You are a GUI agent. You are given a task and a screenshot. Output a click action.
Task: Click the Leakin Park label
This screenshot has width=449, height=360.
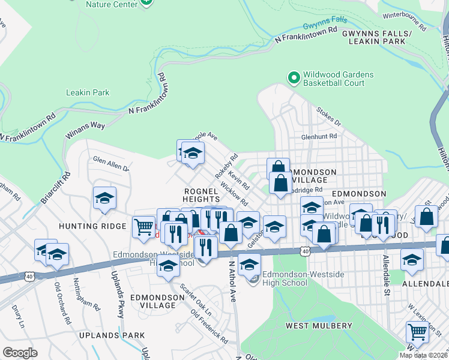[88, 92]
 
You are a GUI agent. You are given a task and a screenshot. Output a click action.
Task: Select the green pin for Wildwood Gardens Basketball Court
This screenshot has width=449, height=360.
[294, 78]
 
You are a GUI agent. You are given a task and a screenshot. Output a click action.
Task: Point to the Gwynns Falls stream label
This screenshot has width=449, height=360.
[325, 23]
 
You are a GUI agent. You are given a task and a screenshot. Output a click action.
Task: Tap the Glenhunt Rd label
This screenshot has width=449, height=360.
[319, 137]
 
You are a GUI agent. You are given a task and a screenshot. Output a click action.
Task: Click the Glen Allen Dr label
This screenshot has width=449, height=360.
[110, 163]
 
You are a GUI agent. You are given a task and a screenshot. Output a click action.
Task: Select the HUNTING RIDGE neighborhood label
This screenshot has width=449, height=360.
[92, 226]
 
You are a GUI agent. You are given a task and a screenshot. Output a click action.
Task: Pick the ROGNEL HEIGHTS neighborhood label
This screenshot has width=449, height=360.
[201, 194]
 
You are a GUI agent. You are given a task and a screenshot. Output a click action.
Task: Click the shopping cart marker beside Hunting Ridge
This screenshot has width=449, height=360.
[143, 228]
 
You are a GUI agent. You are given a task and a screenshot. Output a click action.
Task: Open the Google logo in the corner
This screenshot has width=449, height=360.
[20, 352]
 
